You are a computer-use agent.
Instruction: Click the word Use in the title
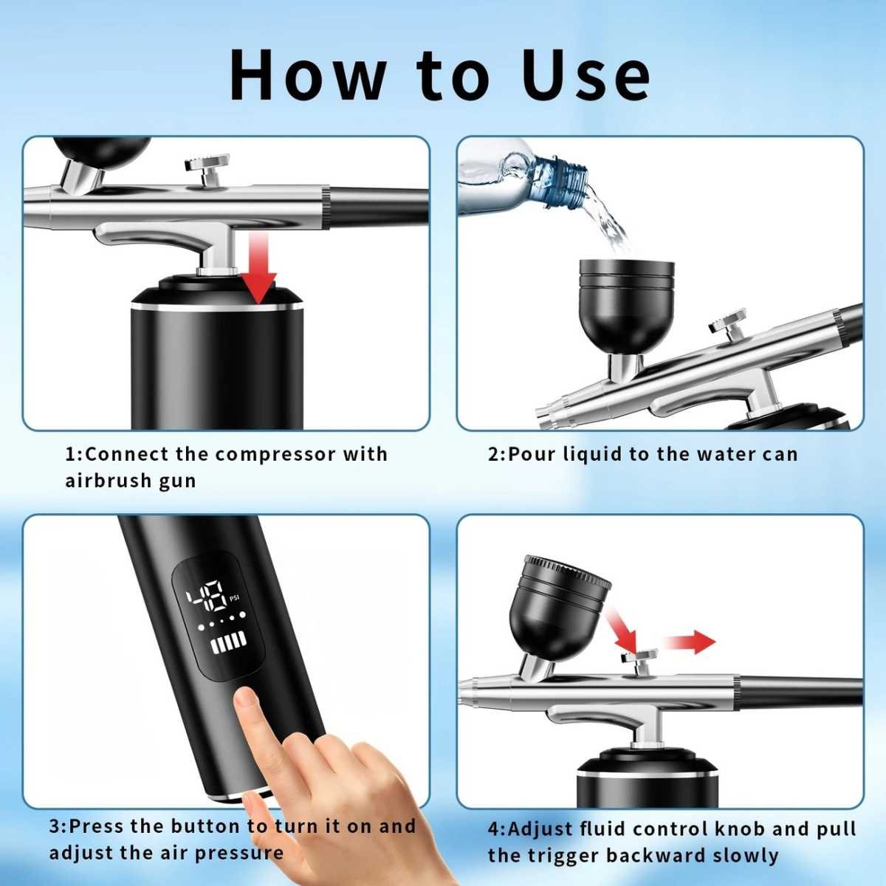point(586,75)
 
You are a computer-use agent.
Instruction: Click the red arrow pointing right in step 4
point(689,642)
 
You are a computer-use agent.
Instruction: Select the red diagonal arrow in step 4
point(621,632)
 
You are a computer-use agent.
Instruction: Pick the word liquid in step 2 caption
point(591,454)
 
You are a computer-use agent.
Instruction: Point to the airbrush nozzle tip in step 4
point(464,689)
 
